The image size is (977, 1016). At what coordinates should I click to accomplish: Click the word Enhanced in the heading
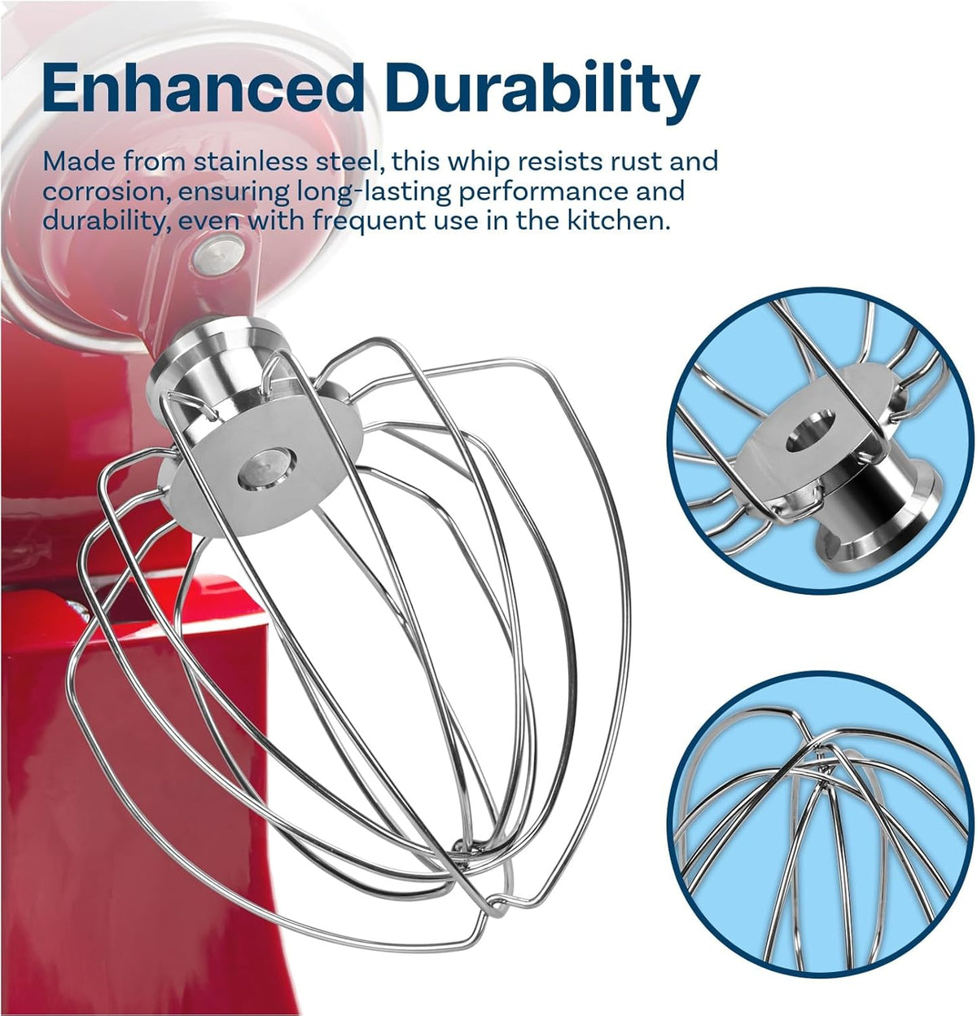(203, 88)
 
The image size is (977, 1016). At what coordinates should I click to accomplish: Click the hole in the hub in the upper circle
(810, 431)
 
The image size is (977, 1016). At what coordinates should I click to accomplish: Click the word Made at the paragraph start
(77, 162)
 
